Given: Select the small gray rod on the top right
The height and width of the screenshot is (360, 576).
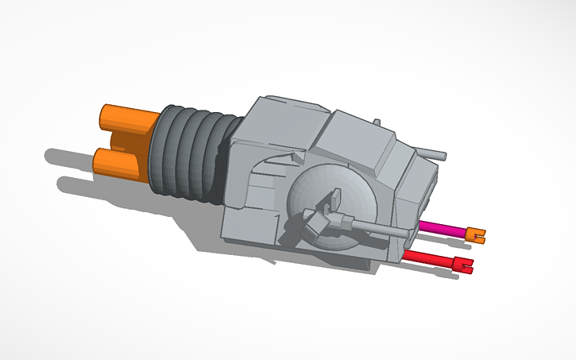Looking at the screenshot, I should (x=433, y=153).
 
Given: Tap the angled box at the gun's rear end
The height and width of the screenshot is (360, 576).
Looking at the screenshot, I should (x=313, y=226).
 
